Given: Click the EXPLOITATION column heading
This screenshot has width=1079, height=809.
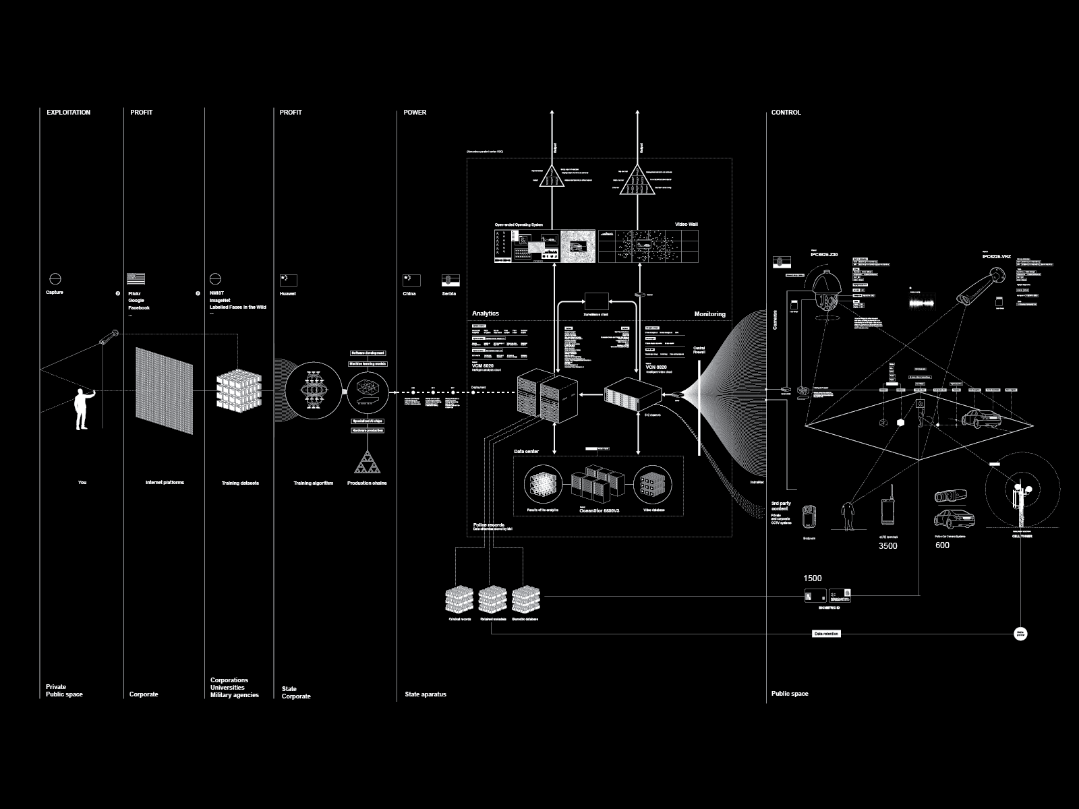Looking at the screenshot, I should coord(68,113).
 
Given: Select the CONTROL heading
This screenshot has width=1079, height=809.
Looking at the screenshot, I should coord(786,113).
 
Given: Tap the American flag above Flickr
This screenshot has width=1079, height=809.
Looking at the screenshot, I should coord(136,278).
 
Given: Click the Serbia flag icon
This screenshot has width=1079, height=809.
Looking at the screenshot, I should coord(450,280).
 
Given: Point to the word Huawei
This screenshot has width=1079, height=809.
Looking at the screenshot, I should coord(288,294).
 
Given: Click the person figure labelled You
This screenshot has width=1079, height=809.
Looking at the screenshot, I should coord(82,411).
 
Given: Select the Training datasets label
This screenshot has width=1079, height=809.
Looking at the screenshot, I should coord(240,483).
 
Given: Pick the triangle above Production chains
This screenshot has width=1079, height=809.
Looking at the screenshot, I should coord(368,463).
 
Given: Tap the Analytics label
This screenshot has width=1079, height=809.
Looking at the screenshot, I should coord(486,314).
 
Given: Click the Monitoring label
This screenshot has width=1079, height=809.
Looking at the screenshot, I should coord(709,314).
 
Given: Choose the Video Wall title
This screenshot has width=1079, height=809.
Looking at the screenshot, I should coord(686,224).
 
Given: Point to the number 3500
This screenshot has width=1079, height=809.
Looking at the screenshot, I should coord(887,546).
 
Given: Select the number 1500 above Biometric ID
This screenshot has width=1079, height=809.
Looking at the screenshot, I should coord(813,578).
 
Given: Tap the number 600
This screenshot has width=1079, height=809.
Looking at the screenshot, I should coord(942,545).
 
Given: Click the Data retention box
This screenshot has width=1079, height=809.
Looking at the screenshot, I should coord(827,634).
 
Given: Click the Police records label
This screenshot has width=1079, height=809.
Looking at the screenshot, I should coord(489,525).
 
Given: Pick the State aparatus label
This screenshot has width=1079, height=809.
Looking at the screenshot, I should coord(426,694).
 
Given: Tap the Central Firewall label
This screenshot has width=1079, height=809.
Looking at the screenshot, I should coord(699,351).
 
